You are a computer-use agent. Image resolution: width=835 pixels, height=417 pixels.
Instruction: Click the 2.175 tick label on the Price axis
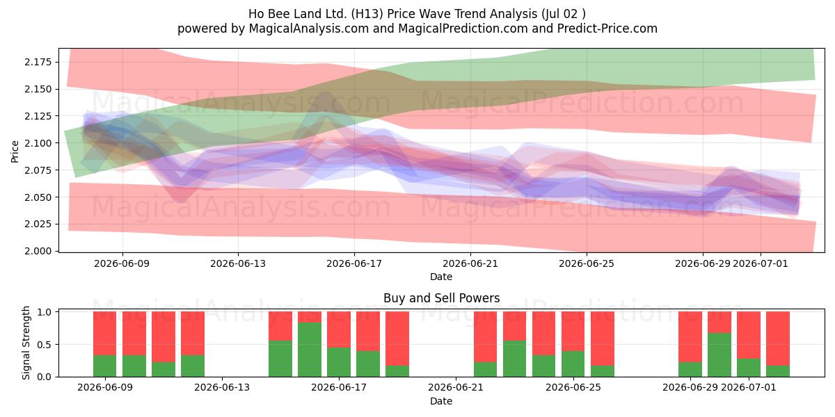pos(38,62)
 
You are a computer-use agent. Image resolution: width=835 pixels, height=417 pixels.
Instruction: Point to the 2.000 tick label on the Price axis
pos(38,251)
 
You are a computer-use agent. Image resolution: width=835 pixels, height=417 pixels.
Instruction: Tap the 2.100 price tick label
pos(38,143)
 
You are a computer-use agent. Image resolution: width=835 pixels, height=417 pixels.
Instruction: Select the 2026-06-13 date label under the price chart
pos(238,263)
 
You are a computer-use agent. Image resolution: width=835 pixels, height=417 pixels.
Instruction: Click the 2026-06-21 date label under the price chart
pos(470,263)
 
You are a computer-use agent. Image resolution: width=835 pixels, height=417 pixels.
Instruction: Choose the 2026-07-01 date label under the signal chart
pos(749,387)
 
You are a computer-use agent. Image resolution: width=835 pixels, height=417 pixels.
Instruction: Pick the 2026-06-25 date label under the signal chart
pos(573,387)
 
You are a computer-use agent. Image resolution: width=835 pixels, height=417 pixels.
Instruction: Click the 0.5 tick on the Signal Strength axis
pos(45,345)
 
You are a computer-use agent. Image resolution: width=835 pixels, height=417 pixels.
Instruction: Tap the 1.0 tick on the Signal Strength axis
pos(45,312)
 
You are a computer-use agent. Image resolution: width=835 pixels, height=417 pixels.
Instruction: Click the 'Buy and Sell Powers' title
pos(442,298)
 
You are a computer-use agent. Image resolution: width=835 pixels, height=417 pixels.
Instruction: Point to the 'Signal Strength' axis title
pos(26,343)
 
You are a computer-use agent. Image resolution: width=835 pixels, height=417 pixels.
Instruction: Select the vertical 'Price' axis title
pos(15,152)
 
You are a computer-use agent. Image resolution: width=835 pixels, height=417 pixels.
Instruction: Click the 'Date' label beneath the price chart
pos(441,277)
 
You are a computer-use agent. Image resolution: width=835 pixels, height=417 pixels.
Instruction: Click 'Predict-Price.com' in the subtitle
pos(607,28)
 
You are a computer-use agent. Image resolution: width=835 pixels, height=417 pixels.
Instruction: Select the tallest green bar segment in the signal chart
pos(310,350)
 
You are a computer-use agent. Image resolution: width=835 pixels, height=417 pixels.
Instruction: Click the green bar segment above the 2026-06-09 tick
pos(105,366)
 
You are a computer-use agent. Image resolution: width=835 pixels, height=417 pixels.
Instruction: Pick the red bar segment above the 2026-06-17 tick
pos(339,329)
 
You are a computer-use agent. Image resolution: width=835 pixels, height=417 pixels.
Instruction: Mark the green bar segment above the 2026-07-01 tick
pos(749,368)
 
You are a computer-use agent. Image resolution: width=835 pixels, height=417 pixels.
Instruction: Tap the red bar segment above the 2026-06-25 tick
pos(573,332)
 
